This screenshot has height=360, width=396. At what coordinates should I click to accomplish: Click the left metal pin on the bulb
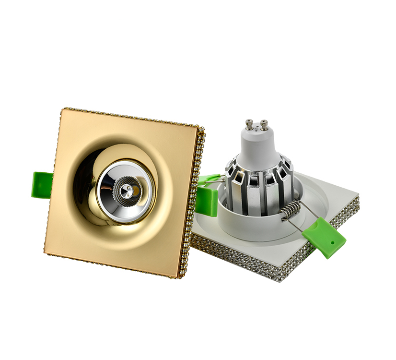coord(249,125)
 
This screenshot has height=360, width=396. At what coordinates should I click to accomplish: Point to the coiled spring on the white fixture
coord(291,210)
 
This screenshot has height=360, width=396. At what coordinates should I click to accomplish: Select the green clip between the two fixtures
coord(206,194)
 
